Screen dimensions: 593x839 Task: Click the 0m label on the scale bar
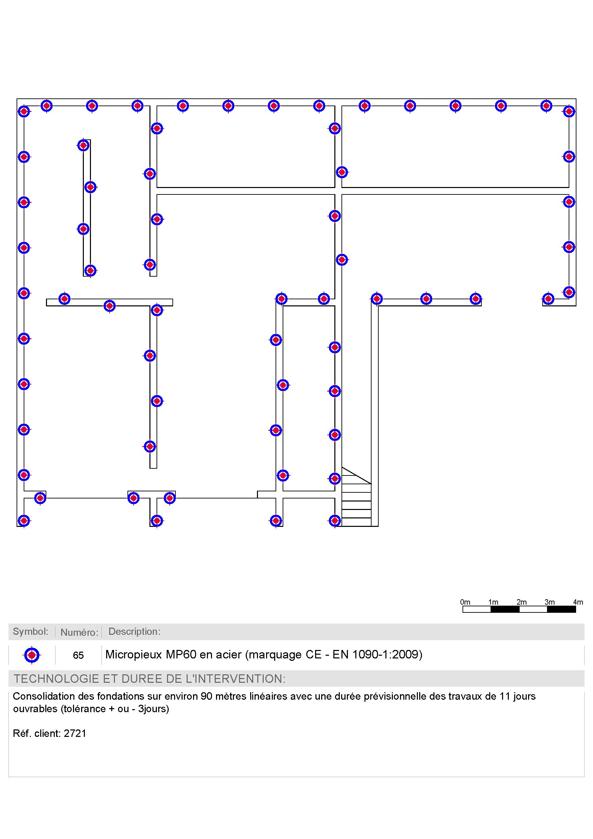(x=465, y=602)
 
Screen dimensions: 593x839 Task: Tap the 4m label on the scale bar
(x=578, y=602)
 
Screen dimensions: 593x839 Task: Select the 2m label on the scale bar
(x=521, y=602)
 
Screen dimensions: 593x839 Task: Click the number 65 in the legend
(x=78, y=655)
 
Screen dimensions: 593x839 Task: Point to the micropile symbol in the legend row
(x=32, y=655)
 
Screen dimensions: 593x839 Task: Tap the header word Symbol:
(x=31, y=631)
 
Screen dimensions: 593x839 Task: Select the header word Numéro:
(x=79, y=632)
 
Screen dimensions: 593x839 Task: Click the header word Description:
(x=135, y=631)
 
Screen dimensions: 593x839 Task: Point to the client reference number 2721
(x=75, y=733)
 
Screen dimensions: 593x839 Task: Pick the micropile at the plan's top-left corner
(x=24, y=111)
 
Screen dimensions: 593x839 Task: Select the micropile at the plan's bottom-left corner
(x=24, y=520)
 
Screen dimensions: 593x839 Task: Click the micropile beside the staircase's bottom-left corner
(x=335, y=520)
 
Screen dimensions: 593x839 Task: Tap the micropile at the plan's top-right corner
(x=569, y=111)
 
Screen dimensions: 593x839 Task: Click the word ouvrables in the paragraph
(x=35, y=708)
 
